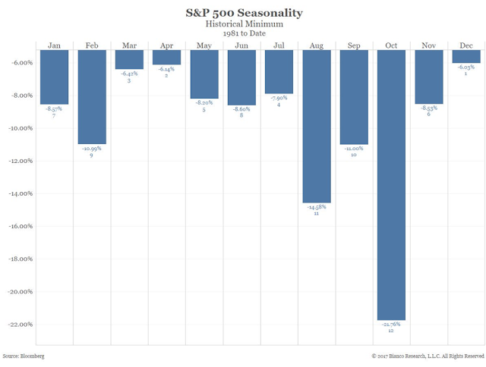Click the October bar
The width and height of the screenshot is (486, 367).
[x=391, y=184]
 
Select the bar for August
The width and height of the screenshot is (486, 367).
[x=317, y=127]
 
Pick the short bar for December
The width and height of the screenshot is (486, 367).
[x=465, y=57]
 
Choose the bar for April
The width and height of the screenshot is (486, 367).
[x=166, y=58]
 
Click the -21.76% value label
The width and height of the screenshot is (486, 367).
[x=391, y=325]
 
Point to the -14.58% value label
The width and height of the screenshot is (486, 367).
[x=317, y=208]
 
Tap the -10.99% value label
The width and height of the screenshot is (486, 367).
[x=92, y=148]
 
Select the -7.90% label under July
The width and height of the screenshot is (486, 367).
[x=279, y=97]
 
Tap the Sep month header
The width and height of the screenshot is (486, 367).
[x=354, y=45]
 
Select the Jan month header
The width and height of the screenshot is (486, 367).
[x=55, y=45]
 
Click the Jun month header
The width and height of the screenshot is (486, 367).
[x=241, y=45]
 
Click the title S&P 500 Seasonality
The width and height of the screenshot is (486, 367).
[x=243, y=12]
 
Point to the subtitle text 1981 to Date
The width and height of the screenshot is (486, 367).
[x=243, y=34]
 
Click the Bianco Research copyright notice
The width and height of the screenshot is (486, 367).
[x=427, y=355]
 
